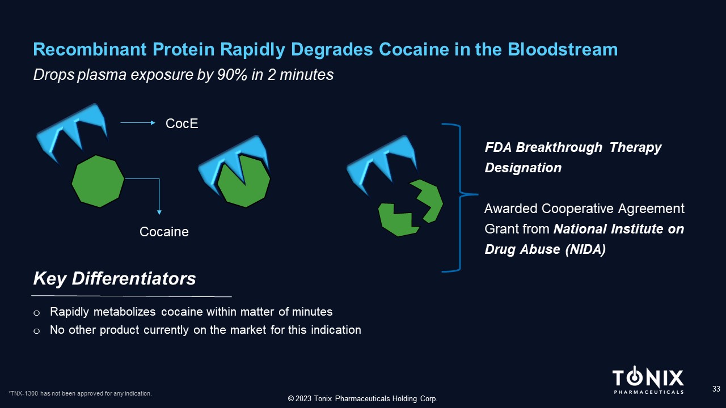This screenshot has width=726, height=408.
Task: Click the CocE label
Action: tap(181, 124)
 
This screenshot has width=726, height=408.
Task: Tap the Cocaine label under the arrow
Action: tap(164, 232)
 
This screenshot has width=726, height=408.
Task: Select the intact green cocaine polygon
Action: tap(98, 181)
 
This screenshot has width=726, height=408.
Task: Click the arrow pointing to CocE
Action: tap(138, 123)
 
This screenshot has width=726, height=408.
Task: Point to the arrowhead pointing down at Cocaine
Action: tap(159, 212)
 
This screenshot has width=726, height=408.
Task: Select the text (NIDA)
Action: tap(585, 249)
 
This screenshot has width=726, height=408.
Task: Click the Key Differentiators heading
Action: tap(115, 278)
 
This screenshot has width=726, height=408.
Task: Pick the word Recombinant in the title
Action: tap(90, 49)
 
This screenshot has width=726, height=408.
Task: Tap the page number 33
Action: tap(716, 389)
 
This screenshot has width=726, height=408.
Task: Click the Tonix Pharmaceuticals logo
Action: tap(648, 380)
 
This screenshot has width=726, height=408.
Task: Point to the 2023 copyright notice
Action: tap(362, 398)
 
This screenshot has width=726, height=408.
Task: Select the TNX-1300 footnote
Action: tap(80, 393)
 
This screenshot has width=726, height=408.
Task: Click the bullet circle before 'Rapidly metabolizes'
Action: tap(37, 313)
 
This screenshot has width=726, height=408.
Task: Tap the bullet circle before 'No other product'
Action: tap(37, 331)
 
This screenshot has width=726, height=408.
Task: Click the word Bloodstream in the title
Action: tap(562, 49)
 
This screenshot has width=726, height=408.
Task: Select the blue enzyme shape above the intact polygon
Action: tap(73, 131)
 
